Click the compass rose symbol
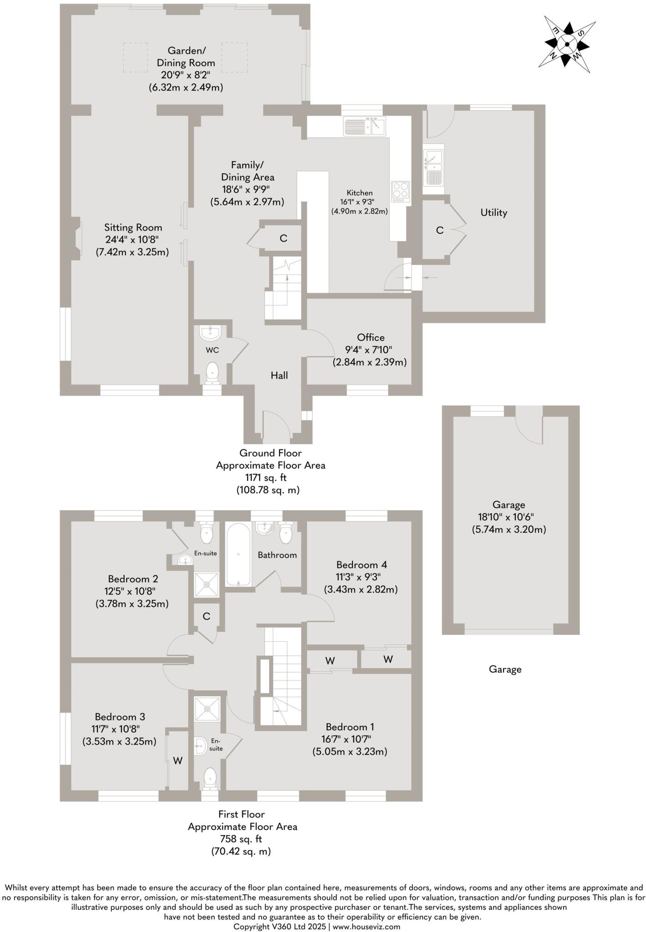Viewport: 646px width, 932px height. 567,44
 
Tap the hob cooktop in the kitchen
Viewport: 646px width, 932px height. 401,192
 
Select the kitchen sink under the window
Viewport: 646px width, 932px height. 364,127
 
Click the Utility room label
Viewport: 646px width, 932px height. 493,213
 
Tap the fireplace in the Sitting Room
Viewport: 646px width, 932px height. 77,239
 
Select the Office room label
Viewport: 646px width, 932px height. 371,337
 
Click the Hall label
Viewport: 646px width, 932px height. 279,375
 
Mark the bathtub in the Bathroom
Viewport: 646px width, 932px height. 238,555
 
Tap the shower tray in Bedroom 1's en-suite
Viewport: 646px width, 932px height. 207,709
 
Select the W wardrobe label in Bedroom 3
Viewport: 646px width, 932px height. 178,761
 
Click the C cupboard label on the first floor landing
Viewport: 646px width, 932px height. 206,616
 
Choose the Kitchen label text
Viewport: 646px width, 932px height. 360,193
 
